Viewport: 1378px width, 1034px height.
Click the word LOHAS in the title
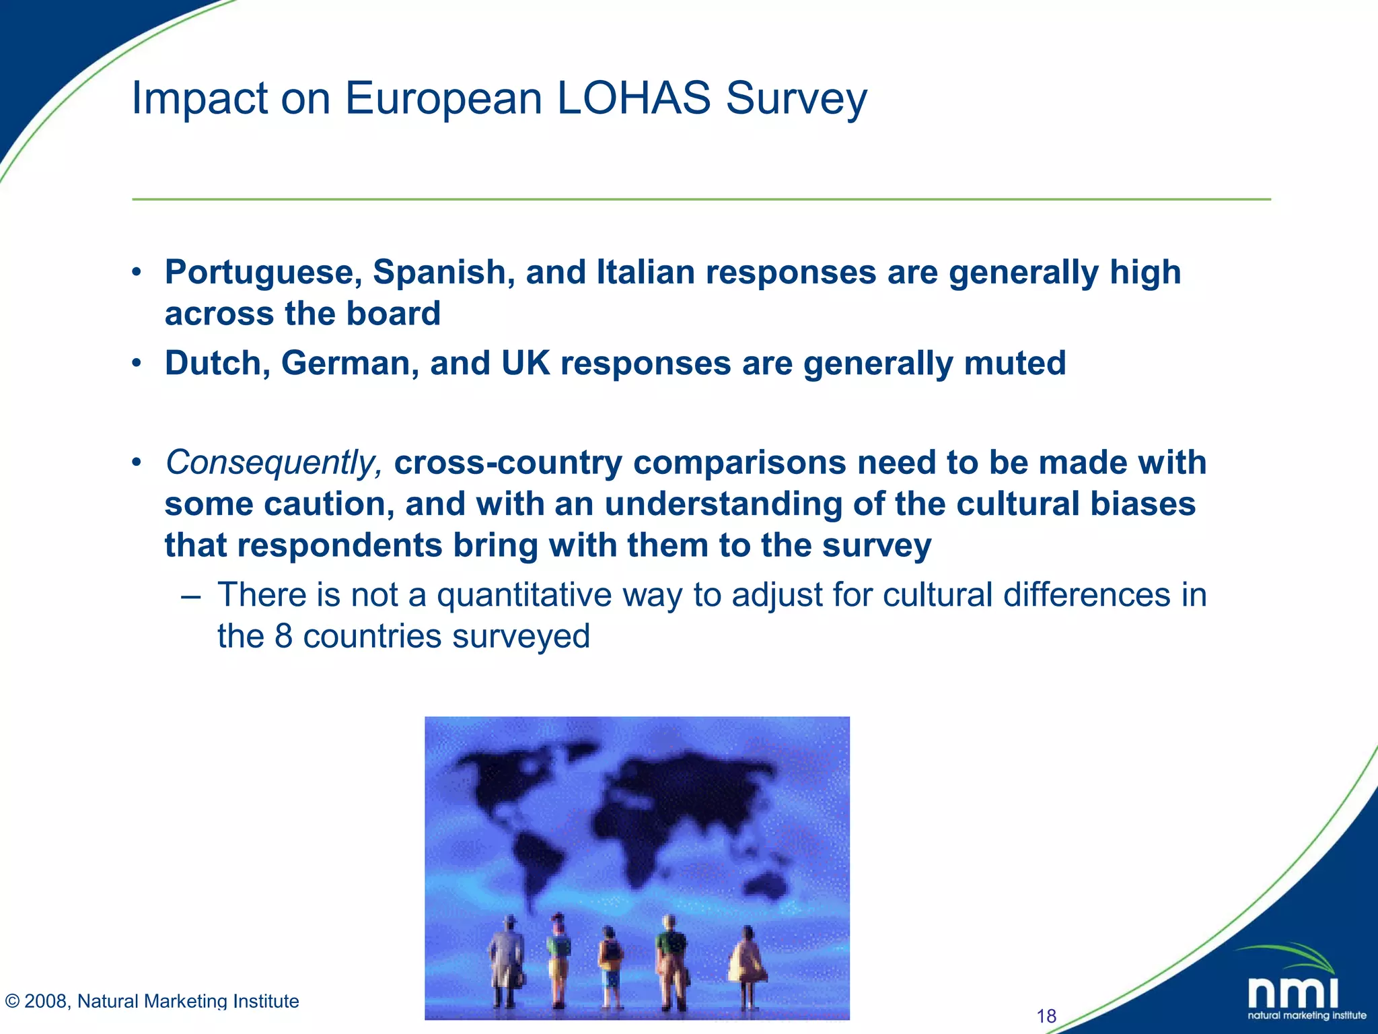coord(633,98)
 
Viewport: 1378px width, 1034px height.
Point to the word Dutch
coord(217,363)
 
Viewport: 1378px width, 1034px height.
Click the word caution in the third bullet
coord(329,504)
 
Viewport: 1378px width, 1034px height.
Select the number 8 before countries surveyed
coord(283,636)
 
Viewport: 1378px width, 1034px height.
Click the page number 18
coord(1046,1016)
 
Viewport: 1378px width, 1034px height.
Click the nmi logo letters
coord(1293,993)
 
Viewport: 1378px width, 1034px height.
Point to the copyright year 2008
coord(45,1001)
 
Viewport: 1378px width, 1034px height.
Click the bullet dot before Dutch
coord(137,364)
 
